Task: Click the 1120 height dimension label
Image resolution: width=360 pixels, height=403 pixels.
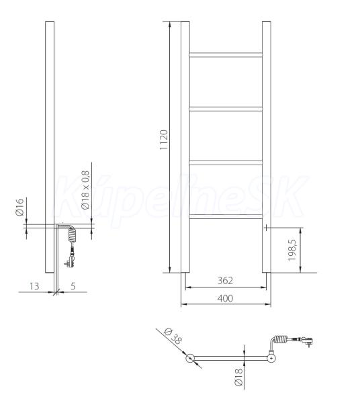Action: click(164, 140)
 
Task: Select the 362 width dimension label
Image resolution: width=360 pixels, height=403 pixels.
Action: click(225, 280)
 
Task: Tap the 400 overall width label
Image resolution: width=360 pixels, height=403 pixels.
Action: click(225, 298)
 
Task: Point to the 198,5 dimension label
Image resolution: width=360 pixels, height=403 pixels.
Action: click(292, 250)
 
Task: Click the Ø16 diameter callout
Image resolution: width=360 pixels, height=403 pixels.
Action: click(19, 207)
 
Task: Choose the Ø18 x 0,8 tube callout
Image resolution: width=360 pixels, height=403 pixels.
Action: click(85, 190)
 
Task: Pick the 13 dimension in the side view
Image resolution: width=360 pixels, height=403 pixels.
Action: click(34, 286)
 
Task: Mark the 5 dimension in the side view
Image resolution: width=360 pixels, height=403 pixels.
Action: click(73, 286)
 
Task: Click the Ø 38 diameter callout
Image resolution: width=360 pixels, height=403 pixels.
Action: click(173, 336)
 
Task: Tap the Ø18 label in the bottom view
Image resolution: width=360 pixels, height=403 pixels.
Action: click(238, 377)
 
